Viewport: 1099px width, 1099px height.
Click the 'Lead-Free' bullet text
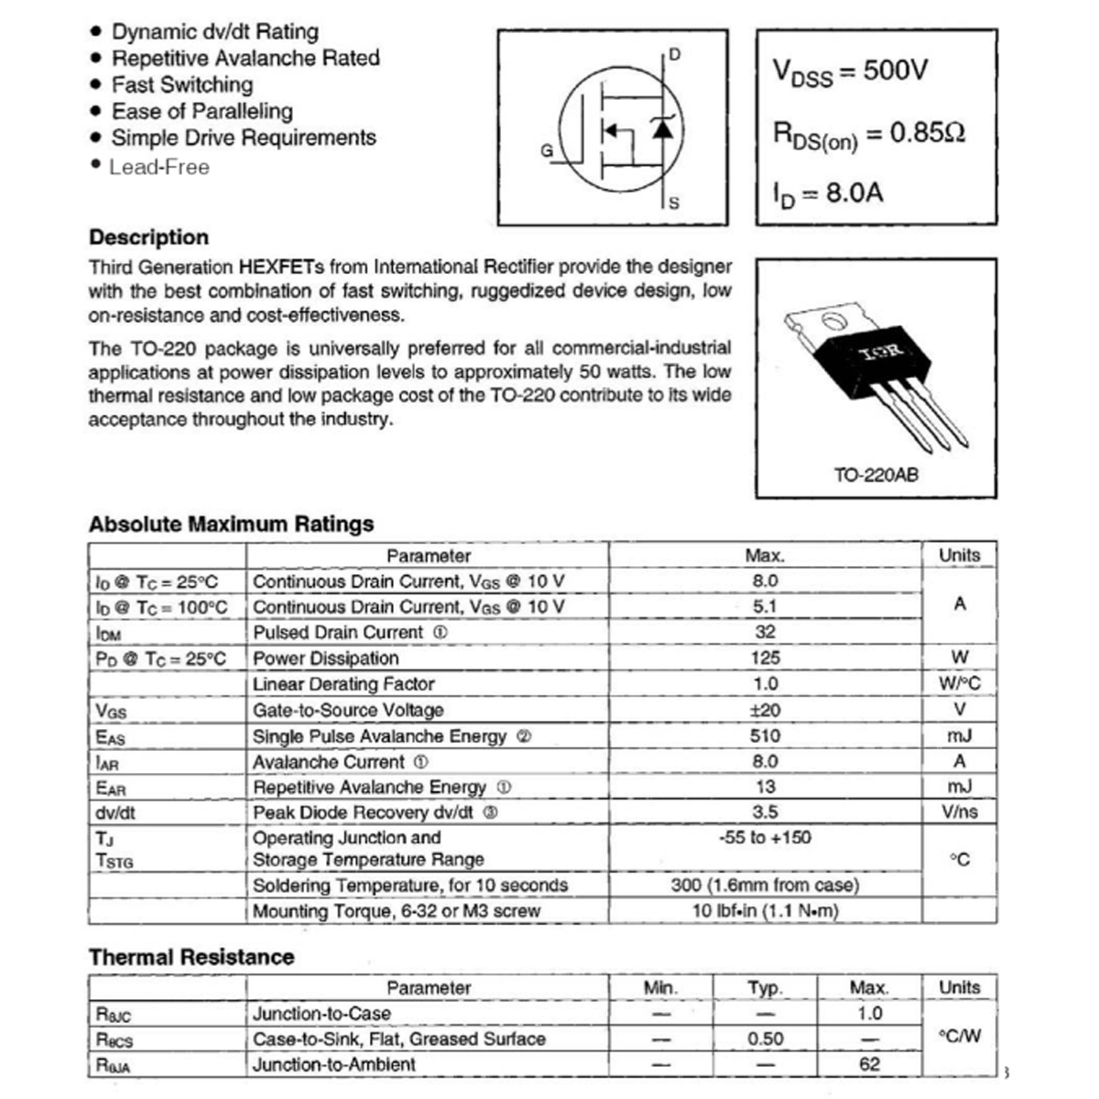pyautogui.click(x=159, y=168)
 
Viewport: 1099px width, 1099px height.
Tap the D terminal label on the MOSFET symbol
pyautogui.click(x=675, y=55)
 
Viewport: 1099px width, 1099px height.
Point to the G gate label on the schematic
pyautogui.click(x=547, y=151)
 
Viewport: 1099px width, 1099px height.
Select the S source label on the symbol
pyautogui.click(x=674, y=203)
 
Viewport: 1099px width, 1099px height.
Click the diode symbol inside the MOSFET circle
pyautogui.click(x=662, y=129)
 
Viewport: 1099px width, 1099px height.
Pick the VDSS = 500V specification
pyautogui.click(x=851, y=71)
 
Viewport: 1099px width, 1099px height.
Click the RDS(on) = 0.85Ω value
pyautogui.click(x=869, y=135)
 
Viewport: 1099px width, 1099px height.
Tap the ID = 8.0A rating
pyautogui.click(x=827, y=194)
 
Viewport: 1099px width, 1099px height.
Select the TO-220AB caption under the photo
pyautogui.click(x=876, y=475)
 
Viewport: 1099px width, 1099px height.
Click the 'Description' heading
pyautogui.click(x=148, y=237)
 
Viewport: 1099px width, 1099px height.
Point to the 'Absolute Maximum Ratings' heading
pyautogui.click(x=231, y=524)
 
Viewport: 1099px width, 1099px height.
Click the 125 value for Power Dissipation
pyautogui.click(x=765, y=658)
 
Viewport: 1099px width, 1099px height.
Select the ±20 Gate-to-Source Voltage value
pyautogui.click(x=765, y=710)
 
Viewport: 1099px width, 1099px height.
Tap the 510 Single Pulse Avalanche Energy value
pyautogui.click(x=765, y=735)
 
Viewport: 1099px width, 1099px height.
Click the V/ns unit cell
pyautogui.click(x=959, y=812)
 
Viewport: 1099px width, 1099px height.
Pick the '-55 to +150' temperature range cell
pyautogui.click(x=765, y=837)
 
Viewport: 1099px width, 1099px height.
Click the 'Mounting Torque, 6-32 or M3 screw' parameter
pyautogui.click(x=397, y=911)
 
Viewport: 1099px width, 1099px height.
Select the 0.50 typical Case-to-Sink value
pyautogui.click(x=765, y=1039)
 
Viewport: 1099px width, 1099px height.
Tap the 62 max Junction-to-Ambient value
pyautogui.click(x=869, y=1064)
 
